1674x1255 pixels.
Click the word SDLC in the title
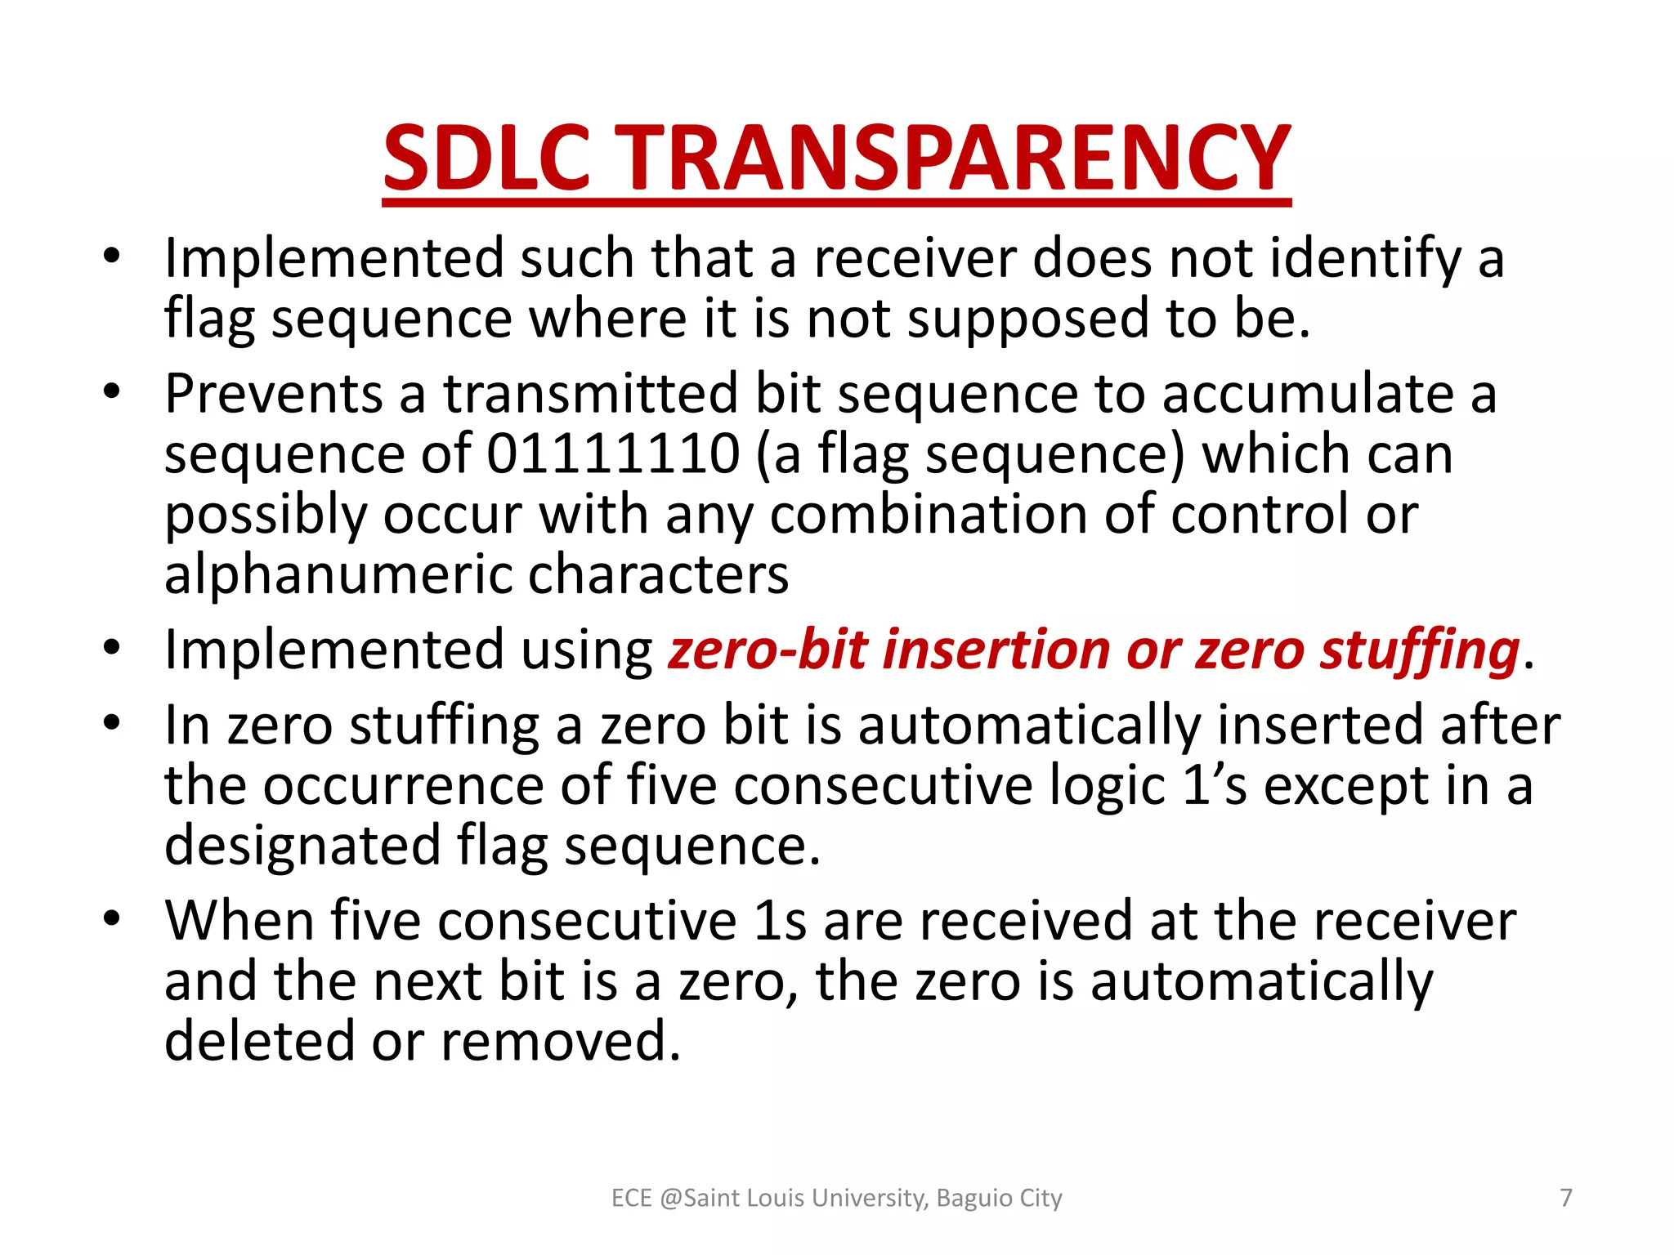tap(486, 158)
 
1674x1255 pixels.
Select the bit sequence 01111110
tap(613, 454)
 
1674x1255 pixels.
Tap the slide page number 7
tap(1566, 1198)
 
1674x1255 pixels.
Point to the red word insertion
tap(996, 650)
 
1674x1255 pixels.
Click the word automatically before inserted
tap(1029, 726)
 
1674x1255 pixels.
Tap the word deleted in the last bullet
tap(259, 1042)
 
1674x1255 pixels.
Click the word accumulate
tap(1308, 394)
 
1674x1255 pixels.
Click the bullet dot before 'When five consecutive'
tap(112, 917)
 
